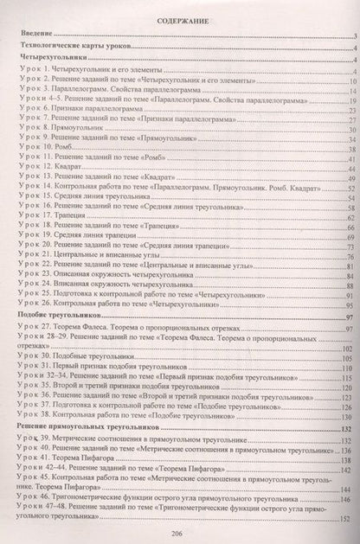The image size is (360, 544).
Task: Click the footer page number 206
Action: tap(180, 534)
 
